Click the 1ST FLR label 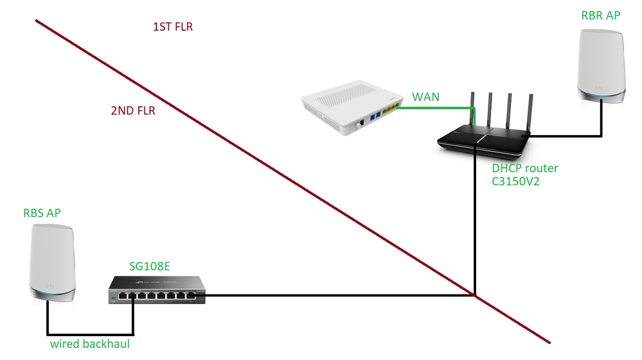tap(172, 27)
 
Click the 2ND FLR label tap(133, 111)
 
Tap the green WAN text tap(426, 97)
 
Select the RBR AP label tap(600, 15)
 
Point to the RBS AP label tap(42, 213)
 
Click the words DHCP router tap(524, 168)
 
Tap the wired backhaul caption tap(90, 344)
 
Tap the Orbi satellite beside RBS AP tap(52, 264)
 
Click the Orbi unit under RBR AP tap(600, 67)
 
